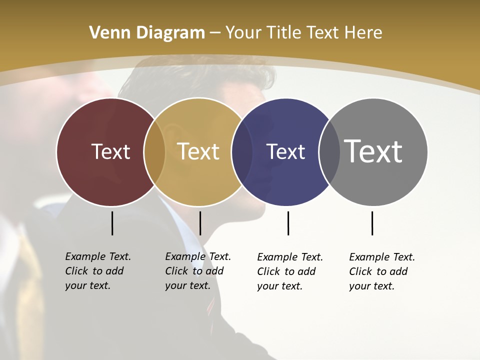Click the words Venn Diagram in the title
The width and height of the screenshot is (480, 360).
(147, 33)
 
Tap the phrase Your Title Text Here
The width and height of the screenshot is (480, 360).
(303, 33)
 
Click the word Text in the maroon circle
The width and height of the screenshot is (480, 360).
(110, 151)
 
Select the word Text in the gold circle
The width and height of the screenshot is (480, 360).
(198, 151)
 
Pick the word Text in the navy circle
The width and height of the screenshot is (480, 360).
(285, 151)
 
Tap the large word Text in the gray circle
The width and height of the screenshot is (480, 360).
(373, 151)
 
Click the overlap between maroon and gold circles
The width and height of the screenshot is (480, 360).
(154, 152)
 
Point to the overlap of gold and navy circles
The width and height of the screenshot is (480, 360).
(242, 152)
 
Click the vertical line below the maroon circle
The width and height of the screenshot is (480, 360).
(112, 223)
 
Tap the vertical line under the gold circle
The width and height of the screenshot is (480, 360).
(200, 223)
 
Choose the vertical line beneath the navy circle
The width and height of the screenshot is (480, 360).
(288, 223)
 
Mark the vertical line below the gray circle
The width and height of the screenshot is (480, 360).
(372, 223)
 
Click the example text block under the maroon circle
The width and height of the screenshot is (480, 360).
(98, 271)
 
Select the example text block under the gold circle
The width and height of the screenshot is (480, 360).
(198, 271)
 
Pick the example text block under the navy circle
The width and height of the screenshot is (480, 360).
(290, 271)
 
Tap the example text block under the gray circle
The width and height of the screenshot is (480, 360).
(382, 271)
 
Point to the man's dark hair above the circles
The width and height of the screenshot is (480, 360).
(200, 80)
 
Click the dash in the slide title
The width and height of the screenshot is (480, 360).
(215, 33)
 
